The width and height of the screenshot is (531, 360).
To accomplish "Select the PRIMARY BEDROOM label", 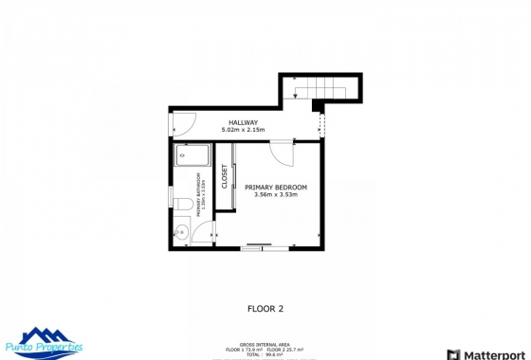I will (276, 187).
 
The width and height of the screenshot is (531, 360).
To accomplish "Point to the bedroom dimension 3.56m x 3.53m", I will (276, 195).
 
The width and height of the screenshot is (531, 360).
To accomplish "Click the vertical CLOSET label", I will (225, 177).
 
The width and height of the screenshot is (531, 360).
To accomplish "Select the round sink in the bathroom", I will (181, 230).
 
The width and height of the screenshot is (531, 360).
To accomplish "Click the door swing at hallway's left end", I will (184, 122).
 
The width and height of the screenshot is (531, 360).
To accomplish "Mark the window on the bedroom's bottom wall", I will (256, 248).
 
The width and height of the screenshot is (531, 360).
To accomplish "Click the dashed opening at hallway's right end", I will (322, 123).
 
